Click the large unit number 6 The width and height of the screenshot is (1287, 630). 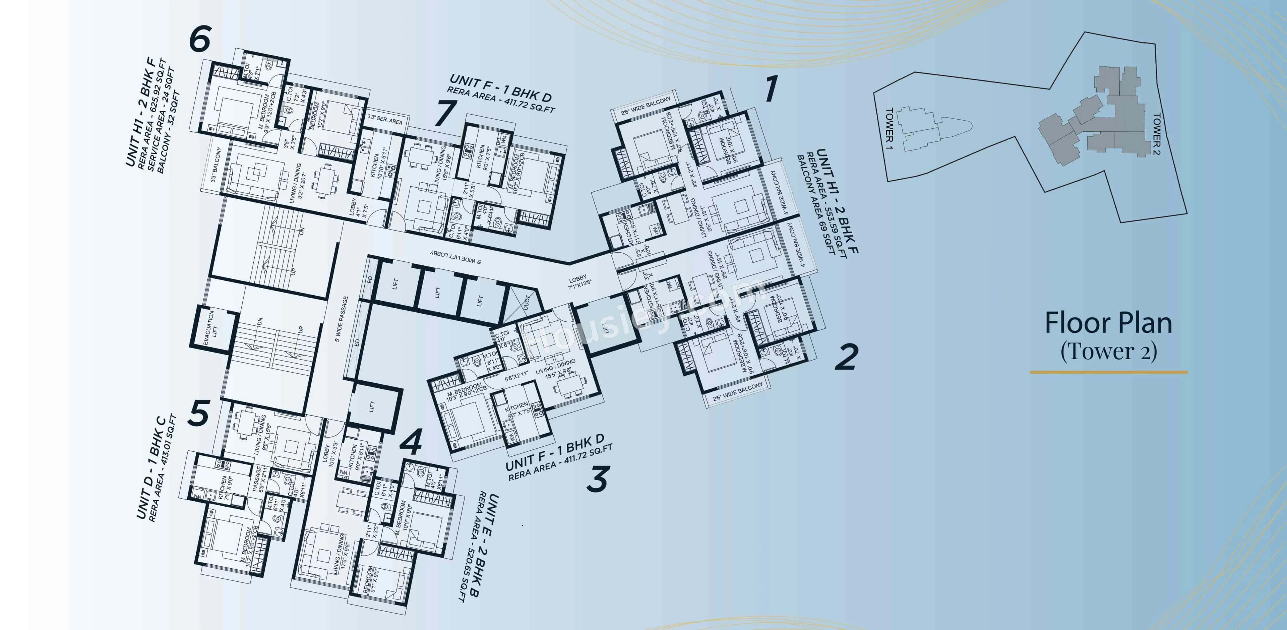point(200,39)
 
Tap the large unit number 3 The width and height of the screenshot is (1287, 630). point(597,478)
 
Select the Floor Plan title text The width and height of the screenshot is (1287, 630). point(1108,323)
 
